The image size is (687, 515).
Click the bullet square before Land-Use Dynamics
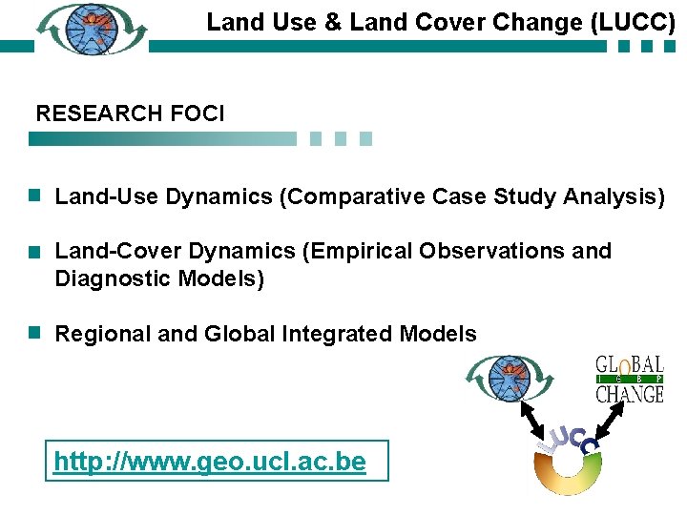(33, 196)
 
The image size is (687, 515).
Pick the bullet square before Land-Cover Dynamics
(33, 252)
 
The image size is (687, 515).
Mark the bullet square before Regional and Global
(33, 334)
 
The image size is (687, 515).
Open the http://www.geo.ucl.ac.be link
(210, 463)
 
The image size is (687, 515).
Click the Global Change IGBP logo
(629, 379)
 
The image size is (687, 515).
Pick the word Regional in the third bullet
(97, 335)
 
